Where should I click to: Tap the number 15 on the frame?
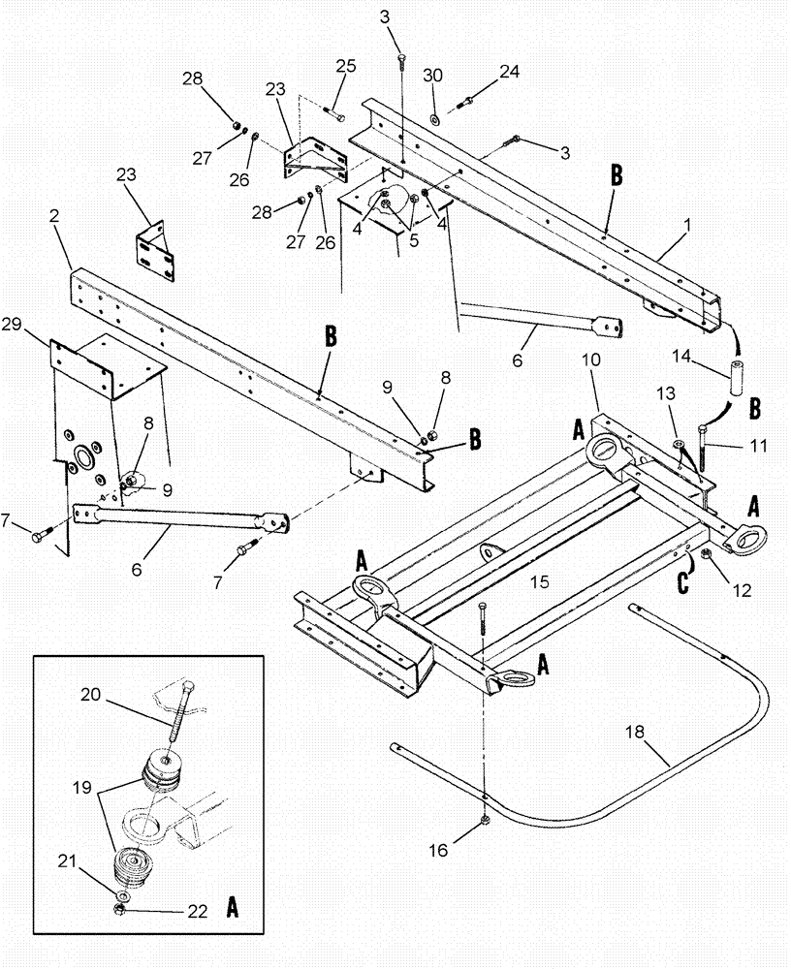coord(539,581)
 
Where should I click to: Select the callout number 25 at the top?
coord(346,66)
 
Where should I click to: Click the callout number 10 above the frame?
coord(591,359)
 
